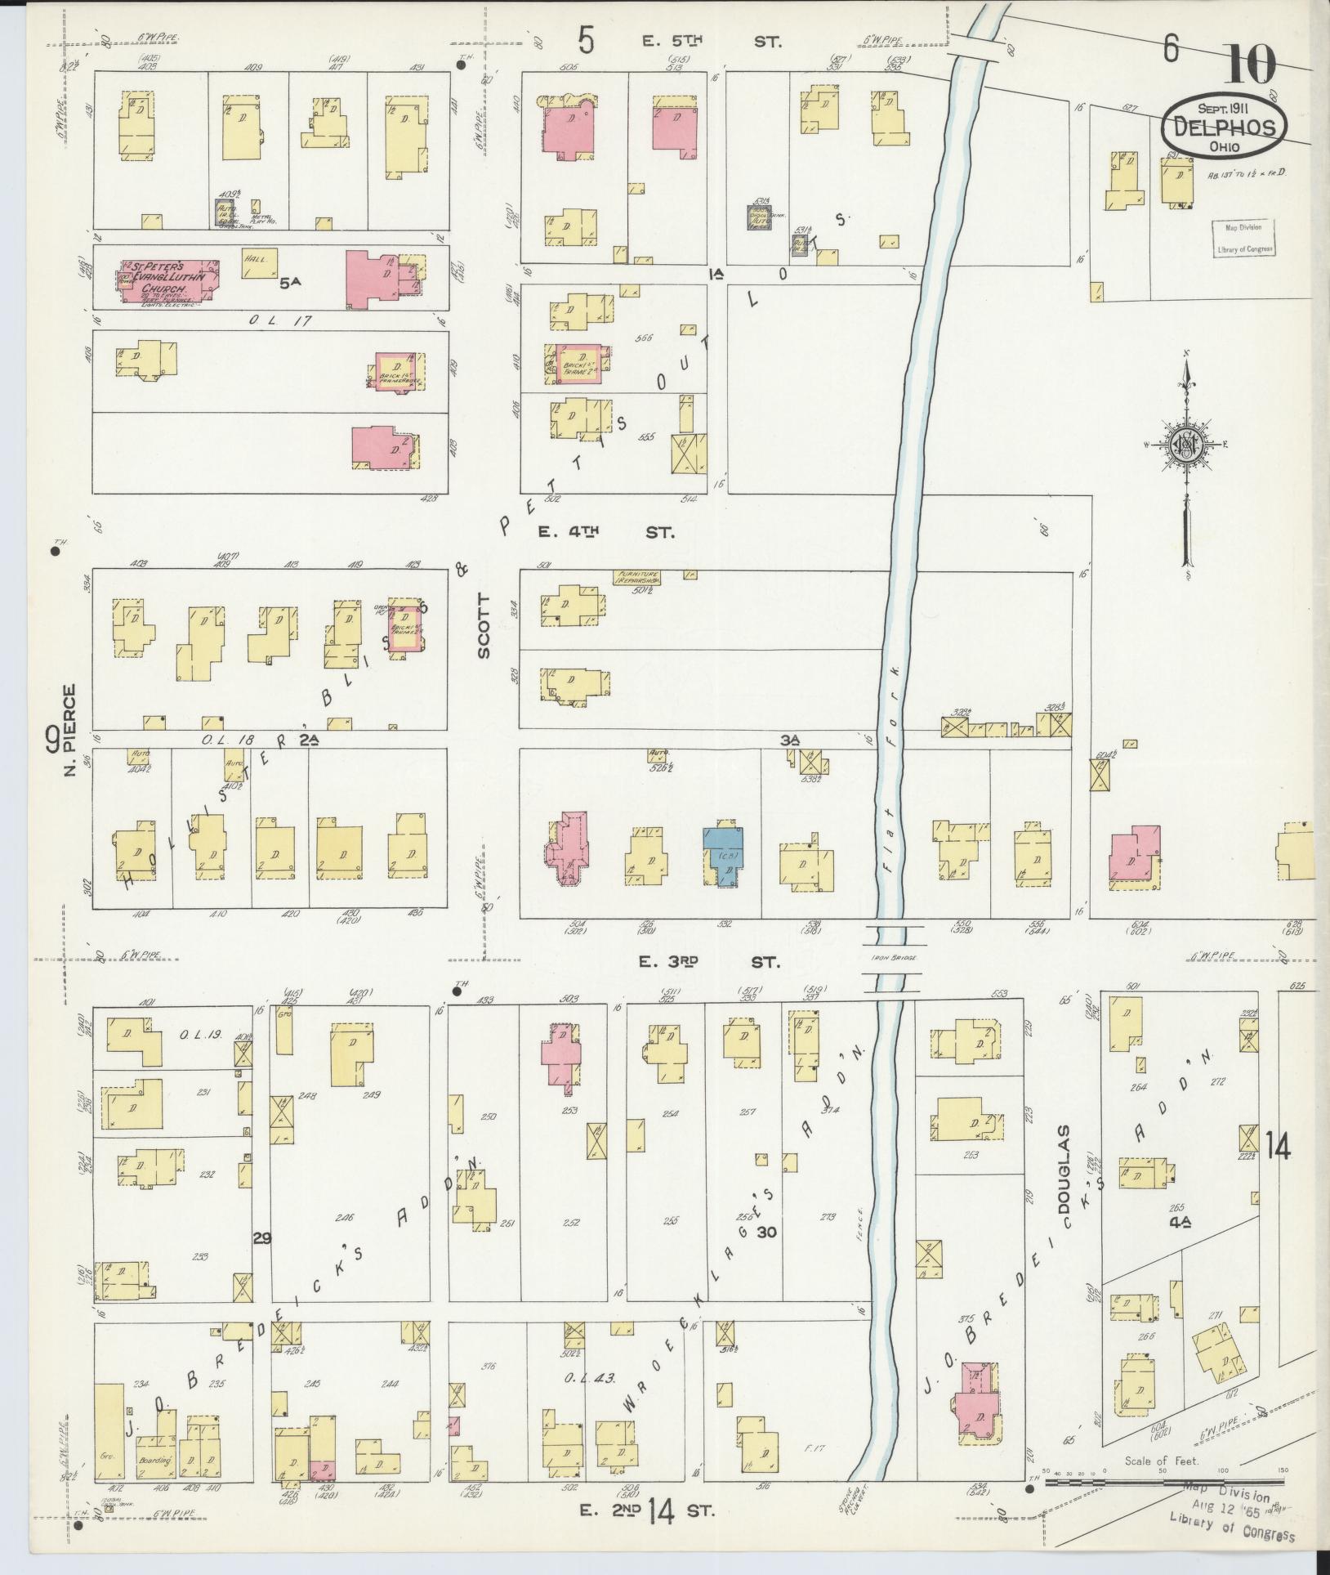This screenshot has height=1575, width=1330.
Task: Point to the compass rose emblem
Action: (1185, 445)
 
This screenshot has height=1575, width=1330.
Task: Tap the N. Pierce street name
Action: (70, 730)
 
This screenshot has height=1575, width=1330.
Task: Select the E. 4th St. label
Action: (606, 532)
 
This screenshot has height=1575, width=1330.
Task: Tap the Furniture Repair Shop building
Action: (637, 576)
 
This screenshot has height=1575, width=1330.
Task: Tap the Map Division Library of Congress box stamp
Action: (1242, 239)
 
